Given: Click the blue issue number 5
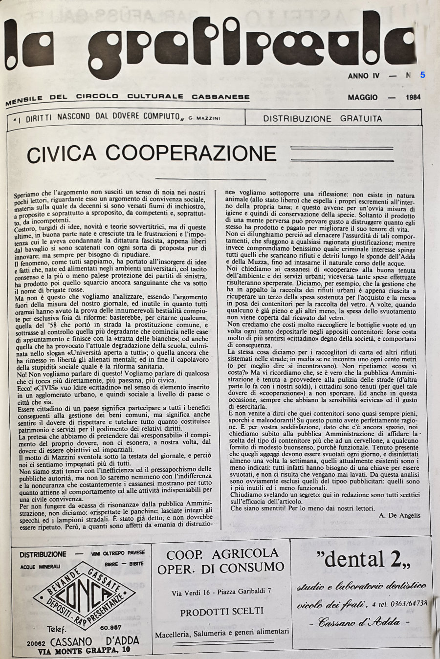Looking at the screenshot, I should (422, 75).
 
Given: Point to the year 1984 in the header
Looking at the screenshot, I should (413, 97).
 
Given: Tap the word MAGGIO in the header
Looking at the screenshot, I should (363, 97).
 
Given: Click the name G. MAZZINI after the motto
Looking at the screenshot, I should (200, 118).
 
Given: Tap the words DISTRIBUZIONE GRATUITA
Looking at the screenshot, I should (323, 118).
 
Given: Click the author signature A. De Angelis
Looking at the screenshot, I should (399, 515).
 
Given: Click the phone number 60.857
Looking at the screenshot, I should (111, 627).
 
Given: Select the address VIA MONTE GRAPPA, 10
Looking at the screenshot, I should (85, 650).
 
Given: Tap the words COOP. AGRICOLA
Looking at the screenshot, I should (222, 554).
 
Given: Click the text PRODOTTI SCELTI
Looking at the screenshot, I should (221, 611).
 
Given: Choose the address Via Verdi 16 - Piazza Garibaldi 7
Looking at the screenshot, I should (221, 591).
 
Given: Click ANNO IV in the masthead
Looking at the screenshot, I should (364, 76).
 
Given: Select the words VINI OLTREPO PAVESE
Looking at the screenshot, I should (118, 553).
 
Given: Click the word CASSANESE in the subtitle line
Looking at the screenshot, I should (220, 97).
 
